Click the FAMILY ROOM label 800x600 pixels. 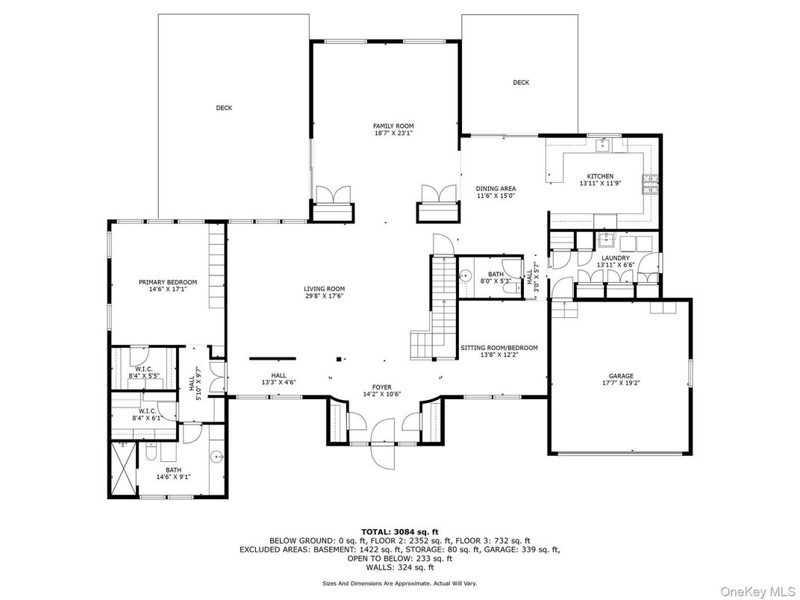[x=393, y=126]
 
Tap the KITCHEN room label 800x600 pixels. [x=600, y=177]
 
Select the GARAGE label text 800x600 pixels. [x=621, y=376]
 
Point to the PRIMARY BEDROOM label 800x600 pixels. [x=168, y=282]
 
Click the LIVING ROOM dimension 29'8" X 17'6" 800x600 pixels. [x=324, y=296]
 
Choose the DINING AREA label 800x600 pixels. [x=496, y=189]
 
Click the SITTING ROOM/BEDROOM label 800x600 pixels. [x=499, y=348]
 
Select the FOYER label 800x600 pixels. [x=382, y=387]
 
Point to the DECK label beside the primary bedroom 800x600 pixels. [x=224, y=108]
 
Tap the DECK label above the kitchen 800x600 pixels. [x=521, y=83]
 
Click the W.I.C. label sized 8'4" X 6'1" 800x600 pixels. [x=146, y=414]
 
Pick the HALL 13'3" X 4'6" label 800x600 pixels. [x=279, y=379]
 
